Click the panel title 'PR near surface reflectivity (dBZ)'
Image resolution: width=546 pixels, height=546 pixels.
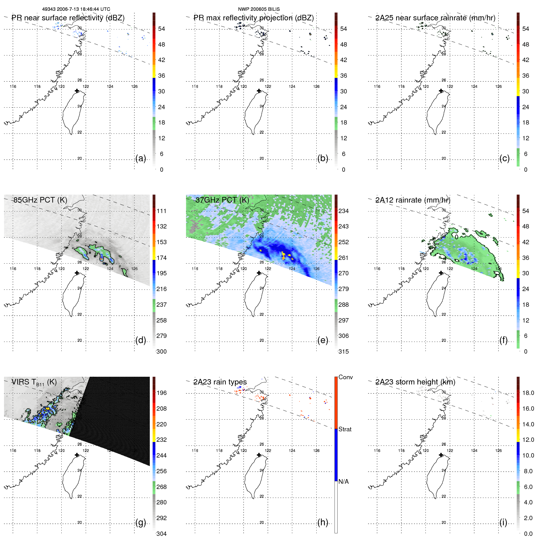68,18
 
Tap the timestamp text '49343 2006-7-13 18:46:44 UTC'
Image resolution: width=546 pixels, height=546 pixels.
76,9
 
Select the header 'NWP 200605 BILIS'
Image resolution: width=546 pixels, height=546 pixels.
259,9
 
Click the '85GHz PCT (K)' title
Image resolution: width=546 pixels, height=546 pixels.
40,200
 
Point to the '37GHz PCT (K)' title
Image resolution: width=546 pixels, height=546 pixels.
222,200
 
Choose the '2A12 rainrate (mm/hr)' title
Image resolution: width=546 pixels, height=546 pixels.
413,200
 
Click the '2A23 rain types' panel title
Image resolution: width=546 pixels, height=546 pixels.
220,382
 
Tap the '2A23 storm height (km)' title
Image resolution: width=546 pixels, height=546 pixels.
415,382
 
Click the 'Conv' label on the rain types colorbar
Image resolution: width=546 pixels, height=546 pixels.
345,377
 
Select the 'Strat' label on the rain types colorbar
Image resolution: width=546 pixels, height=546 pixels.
345,429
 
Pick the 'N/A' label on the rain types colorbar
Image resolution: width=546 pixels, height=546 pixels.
343,482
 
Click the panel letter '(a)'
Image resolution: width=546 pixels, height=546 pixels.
141,158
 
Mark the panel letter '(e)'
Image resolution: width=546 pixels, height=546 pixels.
323,340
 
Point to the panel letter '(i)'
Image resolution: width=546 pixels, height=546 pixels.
503,522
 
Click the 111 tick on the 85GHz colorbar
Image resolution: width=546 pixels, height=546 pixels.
162,211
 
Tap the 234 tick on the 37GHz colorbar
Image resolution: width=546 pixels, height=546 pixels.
343,211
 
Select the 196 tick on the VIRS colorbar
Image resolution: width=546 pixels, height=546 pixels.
162,393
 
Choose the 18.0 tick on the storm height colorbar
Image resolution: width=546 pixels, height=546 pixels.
528,393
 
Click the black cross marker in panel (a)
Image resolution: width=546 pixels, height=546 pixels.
77,91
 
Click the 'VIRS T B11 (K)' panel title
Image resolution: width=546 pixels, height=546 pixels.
34,382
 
